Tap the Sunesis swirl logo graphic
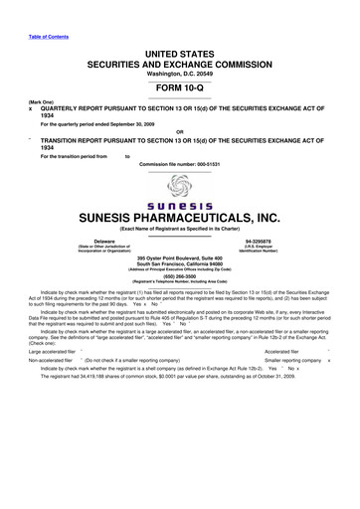(x=180, y=185)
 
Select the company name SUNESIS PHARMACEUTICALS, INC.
(x=180, y=217)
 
